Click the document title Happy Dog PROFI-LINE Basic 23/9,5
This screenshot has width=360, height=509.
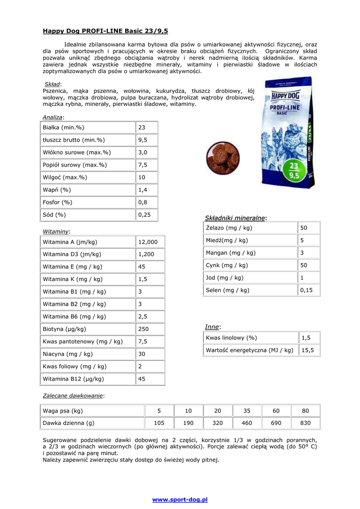105,31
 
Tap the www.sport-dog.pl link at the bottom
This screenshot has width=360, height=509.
180,499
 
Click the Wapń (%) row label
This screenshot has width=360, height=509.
57,190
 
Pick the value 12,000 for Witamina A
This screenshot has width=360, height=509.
148,242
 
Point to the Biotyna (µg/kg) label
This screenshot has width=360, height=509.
65,329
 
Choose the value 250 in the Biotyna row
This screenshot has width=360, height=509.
143,329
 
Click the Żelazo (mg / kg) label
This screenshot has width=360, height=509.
229,228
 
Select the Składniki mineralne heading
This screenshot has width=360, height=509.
235,218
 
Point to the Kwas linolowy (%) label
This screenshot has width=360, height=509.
231,338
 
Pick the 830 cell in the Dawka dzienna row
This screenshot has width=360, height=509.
305,423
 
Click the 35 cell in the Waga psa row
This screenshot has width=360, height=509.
247,411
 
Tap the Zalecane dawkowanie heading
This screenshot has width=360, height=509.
73,396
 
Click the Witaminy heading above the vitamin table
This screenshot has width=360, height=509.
56,231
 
